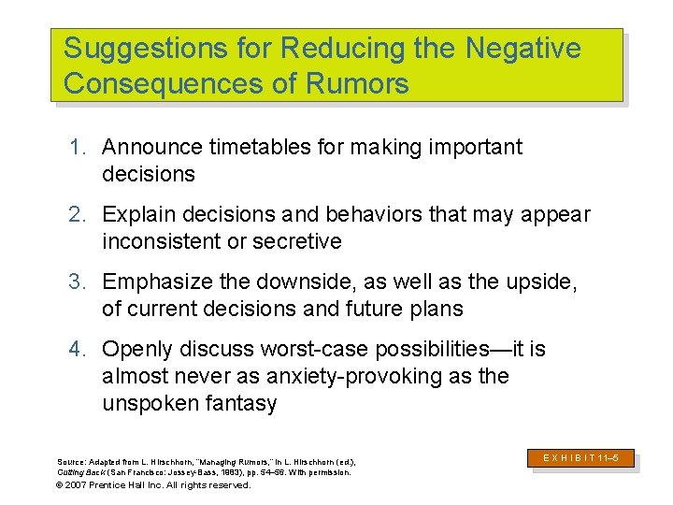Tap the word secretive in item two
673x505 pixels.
pos(297,242)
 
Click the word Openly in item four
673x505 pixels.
pos(133,350)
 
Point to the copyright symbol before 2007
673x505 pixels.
pos(61,485)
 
